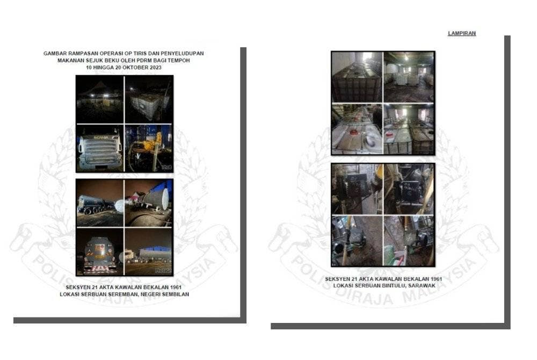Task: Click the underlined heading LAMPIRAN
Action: point(462,33)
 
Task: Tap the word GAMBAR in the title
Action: point(54,53)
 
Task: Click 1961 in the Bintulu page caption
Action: point(436,279)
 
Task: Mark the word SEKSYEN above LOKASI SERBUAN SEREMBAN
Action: point(77,287)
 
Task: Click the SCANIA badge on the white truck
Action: point(101,138)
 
